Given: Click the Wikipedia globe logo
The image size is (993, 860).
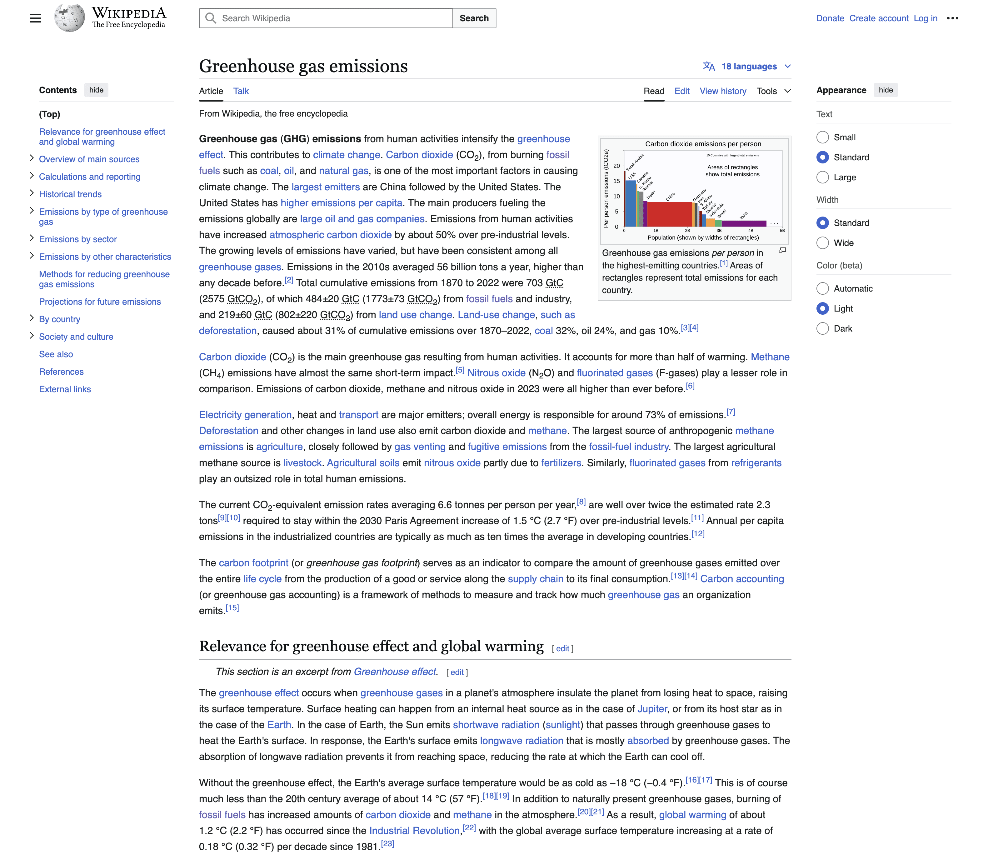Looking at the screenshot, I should pos(70,18).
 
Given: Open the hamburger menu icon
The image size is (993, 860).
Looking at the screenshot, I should pos(35,18).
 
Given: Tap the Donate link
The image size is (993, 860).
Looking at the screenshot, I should pos(830,18).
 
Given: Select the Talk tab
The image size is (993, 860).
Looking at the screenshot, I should pos(241,91).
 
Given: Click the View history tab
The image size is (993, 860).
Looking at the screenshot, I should pos(722,91).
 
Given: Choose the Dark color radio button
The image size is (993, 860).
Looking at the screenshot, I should pos(823,329).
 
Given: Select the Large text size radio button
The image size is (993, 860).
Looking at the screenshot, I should pos(823,177).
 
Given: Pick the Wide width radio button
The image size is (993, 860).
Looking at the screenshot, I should pos(823,243).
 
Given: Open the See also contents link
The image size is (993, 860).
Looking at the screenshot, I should pos(56,354).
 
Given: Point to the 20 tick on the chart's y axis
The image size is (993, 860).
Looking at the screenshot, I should pos(617,166).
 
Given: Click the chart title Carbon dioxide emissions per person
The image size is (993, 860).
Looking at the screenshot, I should pos(703,144).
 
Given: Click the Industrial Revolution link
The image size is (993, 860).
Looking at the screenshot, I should pos(414,831).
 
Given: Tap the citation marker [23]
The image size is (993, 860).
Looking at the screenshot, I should pos(387,844).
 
